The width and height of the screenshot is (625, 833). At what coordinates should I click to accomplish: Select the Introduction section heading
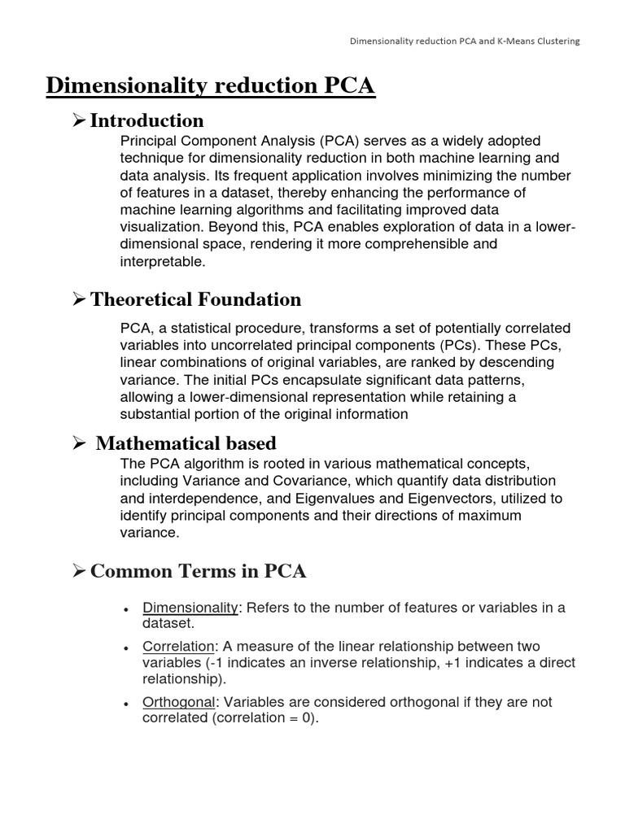pyautogui.click(x=146, y=121)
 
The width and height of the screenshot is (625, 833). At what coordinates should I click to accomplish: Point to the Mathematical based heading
pyautogui.click(x=186, y=443)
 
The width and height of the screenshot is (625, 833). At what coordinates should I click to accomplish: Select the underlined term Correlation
pyautogui.click(x=178, y=647)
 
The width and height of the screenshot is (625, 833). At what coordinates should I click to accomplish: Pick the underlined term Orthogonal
pyautogui.click(x=179, y=702)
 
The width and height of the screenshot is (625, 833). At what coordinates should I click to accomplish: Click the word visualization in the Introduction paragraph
pyautogui.click(x=161, y=227)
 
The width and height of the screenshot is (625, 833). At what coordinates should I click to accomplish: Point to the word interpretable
pyautogui.click(x=162, y=261)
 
